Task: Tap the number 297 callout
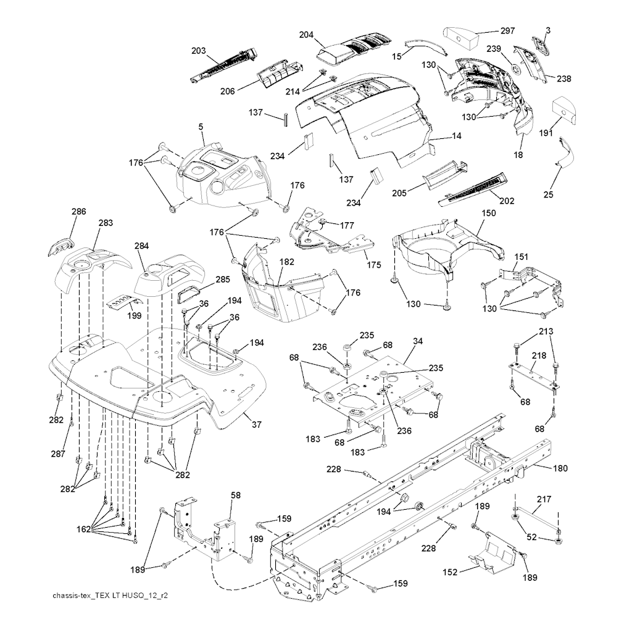pos(507,31)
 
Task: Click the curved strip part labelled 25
pos(563,152)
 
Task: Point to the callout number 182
pos(286,262)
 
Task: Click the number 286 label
pos(78,211)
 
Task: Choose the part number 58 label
pos(235,496)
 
